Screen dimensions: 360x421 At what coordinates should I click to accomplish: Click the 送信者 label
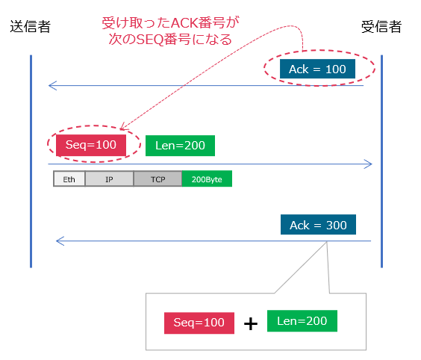coord(31,27)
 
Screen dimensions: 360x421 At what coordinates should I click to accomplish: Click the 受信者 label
coord(381,27)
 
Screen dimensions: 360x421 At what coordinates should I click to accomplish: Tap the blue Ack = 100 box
coord(317,69)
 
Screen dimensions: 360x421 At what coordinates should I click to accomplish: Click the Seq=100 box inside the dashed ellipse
coord(91,145)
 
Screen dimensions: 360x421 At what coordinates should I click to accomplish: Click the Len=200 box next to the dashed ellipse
coord(180,145)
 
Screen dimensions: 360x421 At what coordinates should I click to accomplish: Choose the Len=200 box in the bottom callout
coord(302,321)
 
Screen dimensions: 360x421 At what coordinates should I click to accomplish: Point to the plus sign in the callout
coord(251,323)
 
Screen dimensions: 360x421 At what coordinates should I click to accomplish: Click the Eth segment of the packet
coord(69,179)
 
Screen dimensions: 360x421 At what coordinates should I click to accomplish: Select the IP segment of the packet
coord(109,179)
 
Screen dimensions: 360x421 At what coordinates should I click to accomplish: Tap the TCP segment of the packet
coord(158,179)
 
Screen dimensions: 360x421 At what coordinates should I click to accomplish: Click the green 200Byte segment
coord(207,179)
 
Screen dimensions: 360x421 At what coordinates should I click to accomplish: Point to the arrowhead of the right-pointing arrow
coord(367,164)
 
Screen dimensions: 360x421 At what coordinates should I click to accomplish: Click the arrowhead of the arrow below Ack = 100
coord(52,85)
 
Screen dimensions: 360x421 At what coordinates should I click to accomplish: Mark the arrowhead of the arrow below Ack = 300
coord(60,241)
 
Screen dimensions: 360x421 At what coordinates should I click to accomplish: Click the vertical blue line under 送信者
coord(31,161)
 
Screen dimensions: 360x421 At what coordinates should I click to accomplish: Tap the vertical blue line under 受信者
coord(381,161)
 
